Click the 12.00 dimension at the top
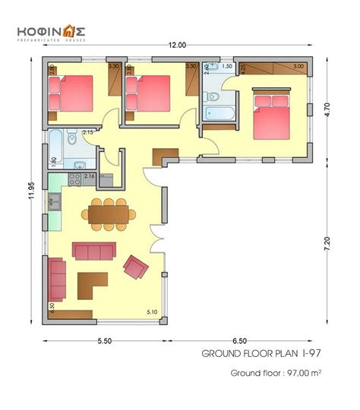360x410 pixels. (x=177, y=46)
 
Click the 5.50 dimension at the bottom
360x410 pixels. (x=104, y=342)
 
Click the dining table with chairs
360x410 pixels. (x=111, y=214)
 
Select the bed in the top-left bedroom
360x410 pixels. (x=73, y=93)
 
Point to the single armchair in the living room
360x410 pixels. (x=136, y=266)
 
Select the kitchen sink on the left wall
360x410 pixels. (x=55, y=201)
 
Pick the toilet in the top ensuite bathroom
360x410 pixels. (x=213, y=96)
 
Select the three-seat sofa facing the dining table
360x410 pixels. (x=93, y=250)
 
